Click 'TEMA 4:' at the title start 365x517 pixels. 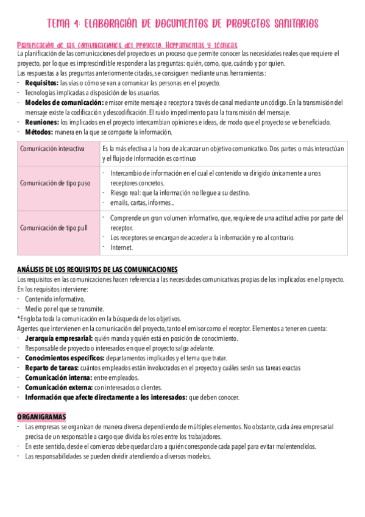63,24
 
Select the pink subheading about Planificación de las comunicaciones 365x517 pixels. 127,45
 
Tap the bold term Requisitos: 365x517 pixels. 42,83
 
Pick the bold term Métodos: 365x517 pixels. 40,132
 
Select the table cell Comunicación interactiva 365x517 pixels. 52,149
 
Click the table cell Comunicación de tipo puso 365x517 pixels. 55,183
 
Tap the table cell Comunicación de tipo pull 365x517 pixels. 54,227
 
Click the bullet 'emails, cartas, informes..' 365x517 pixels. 142,202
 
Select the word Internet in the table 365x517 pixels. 121,247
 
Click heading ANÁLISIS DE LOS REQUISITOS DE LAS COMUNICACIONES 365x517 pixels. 97,269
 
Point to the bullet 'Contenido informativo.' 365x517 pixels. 55,299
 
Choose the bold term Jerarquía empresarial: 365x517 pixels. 58,338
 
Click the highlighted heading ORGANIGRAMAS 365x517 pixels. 41,416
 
